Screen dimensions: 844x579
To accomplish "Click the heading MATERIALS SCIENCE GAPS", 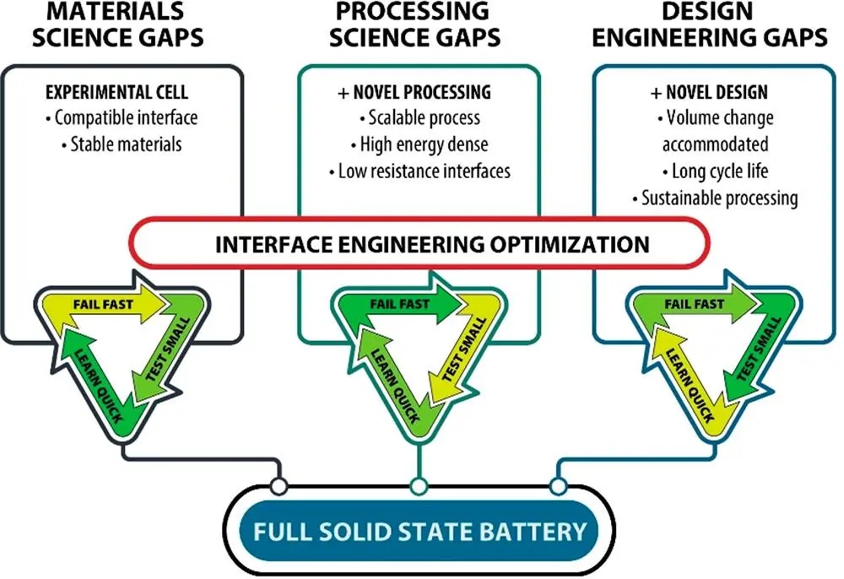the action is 118,24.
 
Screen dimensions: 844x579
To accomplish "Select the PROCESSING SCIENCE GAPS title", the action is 415,24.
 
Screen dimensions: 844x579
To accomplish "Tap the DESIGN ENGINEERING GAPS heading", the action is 710,24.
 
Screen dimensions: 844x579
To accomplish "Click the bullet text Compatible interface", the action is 122,118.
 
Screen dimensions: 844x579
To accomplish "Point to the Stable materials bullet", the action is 121,144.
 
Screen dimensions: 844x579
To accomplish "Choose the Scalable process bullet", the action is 419,118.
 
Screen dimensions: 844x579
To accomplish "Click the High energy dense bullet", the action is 419,144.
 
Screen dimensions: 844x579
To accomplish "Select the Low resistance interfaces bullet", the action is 419,171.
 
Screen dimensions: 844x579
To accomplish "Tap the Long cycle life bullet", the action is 715,171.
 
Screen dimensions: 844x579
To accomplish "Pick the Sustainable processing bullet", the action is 715,198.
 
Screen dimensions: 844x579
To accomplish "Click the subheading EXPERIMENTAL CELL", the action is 116,92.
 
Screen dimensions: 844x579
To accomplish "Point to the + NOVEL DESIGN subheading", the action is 710,93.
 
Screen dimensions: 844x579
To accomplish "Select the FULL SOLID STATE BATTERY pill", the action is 419,531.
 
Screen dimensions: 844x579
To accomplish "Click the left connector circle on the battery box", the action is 279,486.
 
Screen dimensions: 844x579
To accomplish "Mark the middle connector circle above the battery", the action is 419,486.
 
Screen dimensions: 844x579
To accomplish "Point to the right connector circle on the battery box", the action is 558,486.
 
